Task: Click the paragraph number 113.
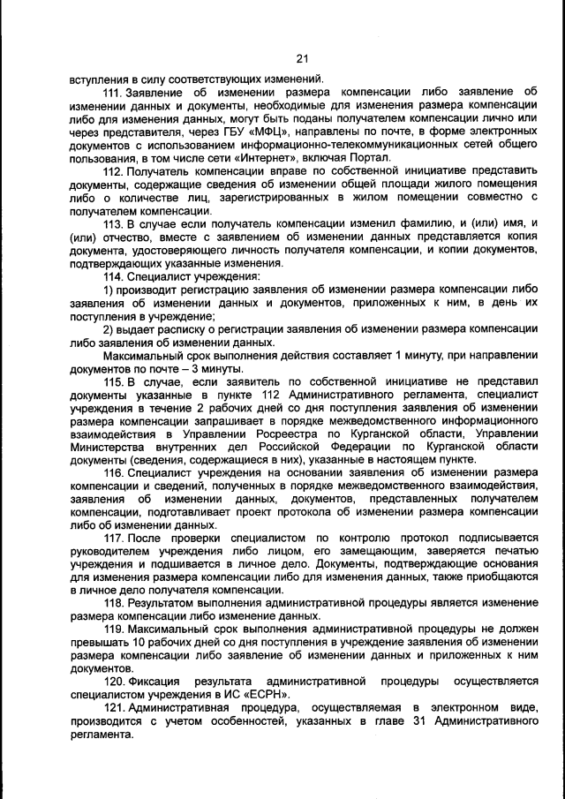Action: (114, 224)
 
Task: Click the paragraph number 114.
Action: (114, 276)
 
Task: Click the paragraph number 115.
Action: (114, 381)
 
